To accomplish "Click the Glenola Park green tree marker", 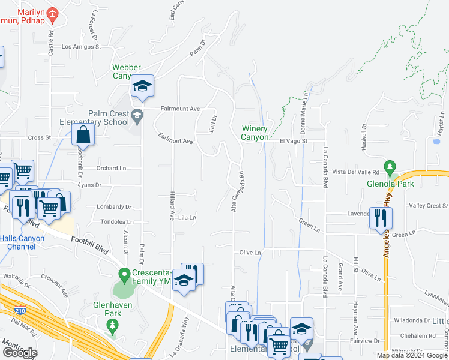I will tap(390, 166).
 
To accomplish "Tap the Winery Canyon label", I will tap(255, 133).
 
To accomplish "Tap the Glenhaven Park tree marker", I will tap(111, 326).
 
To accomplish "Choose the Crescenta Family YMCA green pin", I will tap(125, 277).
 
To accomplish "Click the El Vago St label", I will tap(294, 141).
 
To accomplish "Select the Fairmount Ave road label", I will tap(180, 109).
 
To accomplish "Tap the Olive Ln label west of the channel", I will tap(250, 253).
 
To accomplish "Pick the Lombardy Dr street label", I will tap(114, 206).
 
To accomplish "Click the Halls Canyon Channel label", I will tap(22, 242).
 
